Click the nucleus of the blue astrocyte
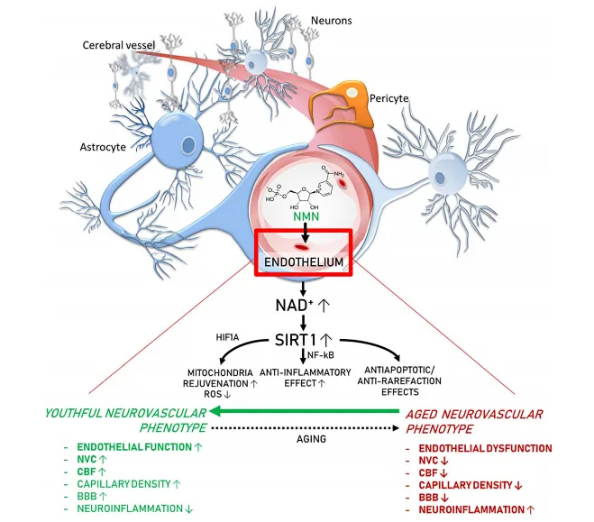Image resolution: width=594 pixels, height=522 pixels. [188, 143]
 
